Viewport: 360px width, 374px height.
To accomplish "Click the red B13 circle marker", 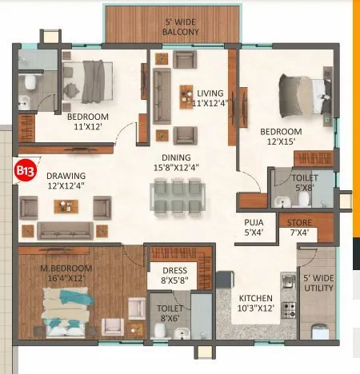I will click(x=24, y=169).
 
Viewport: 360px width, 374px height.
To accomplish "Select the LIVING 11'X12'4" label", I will click(x=210, y=97).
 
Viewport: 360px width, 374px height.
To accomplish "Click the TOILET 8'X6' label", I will click(x=170, y=312).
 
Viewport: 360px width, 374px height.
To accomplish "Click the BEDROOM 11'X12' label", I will click(x=87, y=121).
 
